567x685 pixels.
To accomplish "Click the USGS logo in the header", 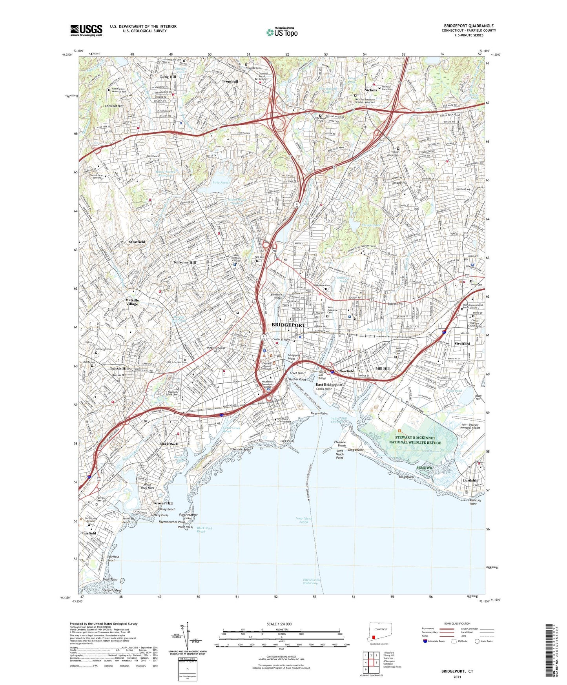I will (x=86, y=30).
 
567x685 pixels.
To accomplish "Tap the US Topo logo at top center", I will (x=282, y=32).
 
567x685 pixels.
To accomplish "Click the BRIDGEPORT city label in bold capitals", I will (x=288, y=325).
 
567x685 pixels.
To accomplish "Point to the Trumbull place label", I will (x=230, y=82).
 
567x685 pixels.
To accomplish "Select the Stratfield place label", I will (x=137, y=242).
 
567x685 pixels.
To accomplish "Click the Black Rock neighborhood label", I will (x=169, y=444).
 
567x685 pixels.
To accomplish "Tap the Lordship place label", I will (x=470, y=480).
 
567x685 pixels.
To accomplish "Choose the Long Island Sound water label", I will (x=304, y=520).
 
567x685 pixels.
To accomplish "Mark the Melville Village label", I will (x=132, y=302).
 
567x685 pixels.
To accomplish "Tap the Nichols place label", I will (x=370, y=90).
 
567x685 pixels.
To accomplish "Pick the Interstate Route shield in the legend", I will (x=425, y=641).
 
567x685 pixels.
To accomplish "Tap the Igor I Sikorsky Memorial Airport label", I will (x=470, y=426).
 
